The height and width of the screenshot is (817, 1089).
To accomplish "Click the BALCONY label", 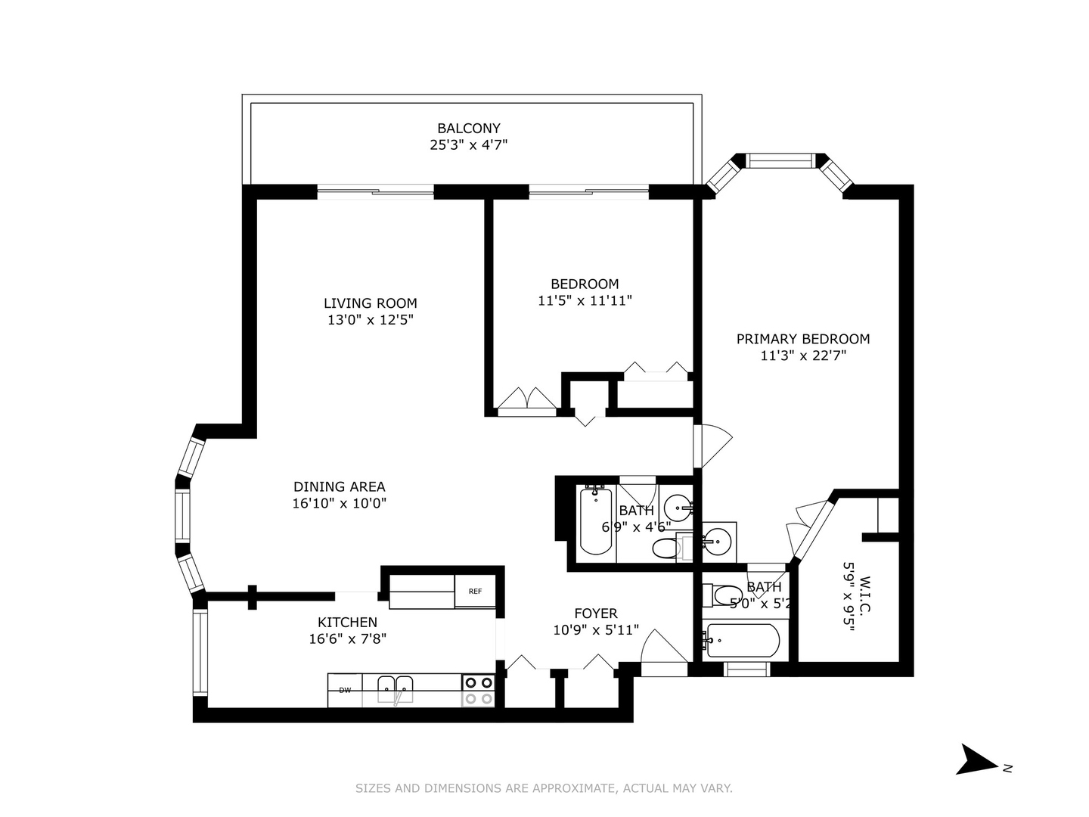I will tap(468, 129).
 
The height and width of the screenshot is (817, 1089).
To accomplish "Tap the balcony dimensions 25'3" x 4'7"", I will tap(468, 145).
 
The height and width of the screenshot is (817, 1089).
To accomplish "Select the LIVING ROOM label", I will tap(370, 303).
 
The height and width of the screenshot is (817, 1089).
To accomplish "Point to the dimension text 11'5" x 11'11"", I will tap(585, 300).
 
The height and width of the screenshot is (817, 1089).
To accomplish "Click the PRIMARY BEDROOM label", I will tap(802, 339).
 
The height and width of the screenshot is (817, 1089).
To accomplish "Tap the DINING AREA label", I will tap(339, 487).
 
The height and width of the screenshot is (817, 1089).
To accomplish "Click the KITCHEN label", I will tap(347, 623).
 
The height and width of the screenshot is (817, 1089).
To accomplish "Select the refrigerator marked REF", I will tap(475, 592).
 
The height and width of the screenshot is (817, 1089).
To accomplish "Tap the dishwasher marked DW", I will tap(345, 690).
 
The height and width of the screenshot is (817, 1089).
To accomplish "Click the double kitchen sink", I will tap(396, 688).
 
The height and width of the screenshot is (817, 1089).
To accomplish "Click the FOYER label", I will tap(595, 614).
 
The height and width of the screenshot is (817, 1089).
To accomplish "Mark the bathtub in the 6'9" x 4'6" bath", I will tap(595, 522).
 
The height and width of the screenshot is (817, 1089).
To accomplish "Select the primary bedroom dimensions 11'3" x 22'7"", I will tap(802, 356).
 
